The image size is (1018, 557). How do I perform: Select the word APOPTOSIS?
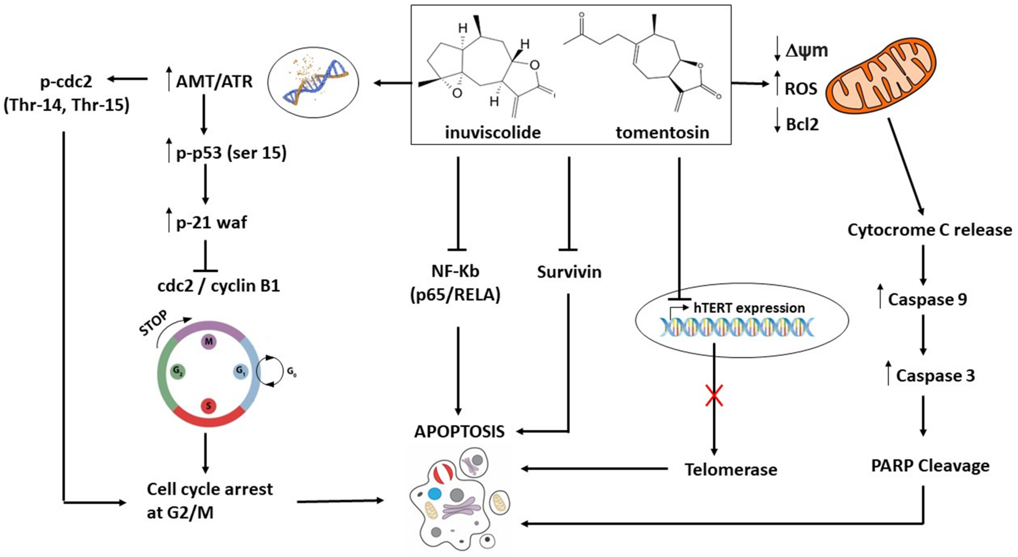pyautogui.click(x=459, y=431)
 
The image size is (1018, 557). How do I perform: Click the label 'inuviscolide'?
pyautogui.click(x=493, y=132)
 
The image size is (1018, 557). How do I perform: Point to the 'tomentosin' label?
pyautogui.click(x=662, y=132)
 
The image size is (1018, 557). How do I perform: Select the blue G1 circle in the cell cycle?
pyautogui.click(x=241, y=372)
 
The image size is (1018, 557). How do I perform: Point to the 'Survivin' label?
pyautogui.click(x=569, y=272)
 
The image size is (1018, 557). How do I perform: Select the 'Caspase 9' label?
pyautogui.click(x=927, y=299)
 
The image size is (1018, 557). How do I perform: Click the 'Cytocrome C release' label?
pyautogui.click(x=929, y=230)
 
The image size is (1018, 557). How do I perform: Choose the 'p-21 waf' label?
pyautogui.click(x=211, y=222)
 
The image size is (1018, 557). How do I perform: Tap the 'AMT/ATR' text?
pyautogui.click(x=214, y=81)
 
